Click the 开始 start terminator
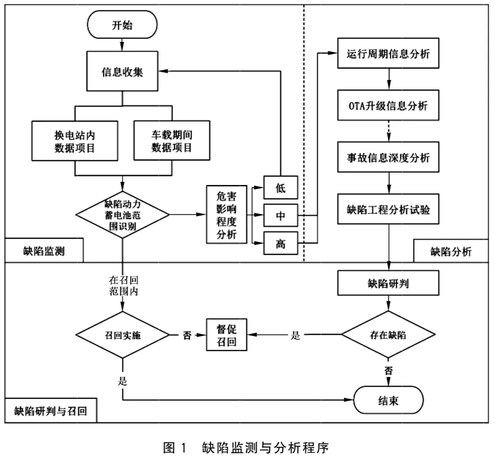pos(122,25)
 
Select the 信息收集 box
pos(122,72)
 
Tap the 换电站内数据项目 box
pos(75,141)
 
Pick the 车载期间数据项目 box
pos(172,141)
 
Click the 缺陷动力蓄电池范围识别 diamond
pos(122,215)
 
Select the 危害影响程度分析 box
pos(226,214)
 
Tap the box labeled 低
pos(280,187)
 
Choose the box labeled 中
pos(280,215)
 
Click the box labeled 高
pos(280,243)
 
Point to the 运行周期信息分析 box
pos(388,53)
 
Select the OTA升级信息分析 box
pos(388,105)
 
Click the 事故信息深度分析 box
pos(388,157)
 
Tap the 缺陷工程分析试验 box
pos(388,209)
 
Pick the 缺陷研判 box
pos(388,283)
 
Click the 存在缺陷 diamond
pos(388,335)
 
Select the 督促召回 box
pos(226,335)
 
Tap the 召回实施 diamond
pos(122,335)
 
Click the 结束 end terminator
pos(388,400)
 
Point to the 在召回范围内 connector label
pos(123,286)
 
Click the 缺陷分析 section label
pos(451,252)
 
